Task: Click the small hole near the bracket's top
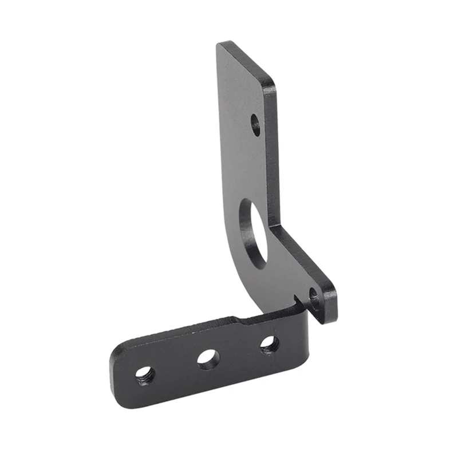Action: point(255,125)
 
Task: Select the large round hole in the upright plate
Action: point(254,232)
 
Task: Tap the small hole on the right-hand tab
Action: point(314,298)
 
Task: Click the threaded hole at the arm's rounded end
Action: point(145,376)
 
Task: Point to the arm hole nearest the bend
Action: point(269,344)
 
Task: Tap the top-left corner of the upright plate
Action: point(219,44)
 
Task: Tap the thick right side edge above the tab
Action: point(273,155)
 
